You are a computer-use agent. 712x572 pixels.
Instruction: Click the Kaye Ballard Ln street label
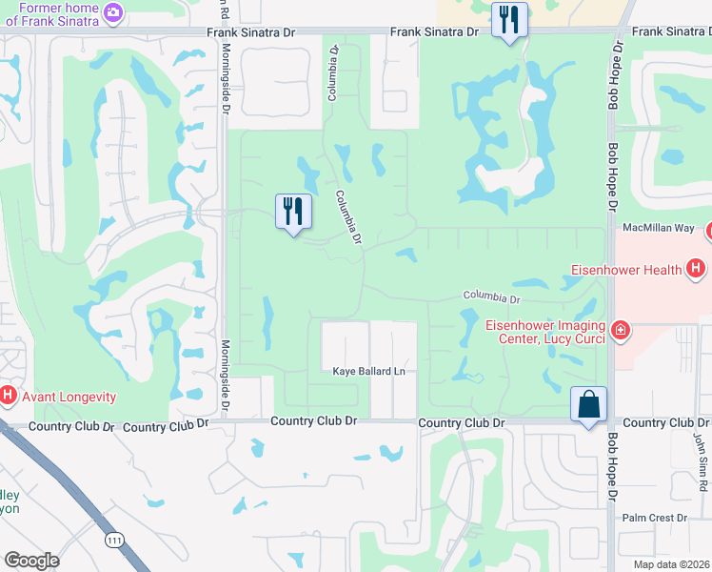(368, 371)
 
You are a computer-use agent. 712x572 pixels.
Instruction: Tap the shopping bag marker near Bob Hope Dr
(589, 403)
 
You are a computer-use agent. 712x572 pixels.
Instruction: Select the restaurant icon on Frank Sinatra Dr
(509, 18)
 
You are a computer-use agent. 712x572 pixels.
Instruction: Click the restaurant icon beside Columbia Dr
(293, 211)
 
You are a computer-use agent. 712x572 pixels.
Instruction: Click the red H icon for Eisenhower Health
(697, 269)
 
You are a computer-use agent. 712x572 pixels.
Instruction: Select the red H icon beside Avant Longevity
(8, 394)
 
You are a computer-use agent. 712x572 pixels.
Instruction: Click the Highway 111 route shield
(114, 541)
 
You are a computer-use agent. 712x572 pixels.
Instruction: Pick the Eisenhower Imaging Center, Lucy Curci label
(546, 331)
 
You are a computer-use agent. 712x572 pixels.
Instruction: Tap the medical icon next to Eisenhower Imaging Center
(621, 330)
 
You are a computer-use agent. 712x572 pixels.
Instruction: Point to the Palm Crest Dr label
(654, 519)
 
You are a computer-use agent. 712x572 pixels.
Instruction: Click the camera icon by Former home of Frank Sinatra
(114, 11)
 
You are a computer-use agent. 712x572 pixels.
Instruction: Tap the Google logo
(30, 561)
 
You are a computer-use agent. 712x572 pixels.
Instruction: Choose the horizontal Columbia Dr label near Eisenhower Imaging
(491, 298)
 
